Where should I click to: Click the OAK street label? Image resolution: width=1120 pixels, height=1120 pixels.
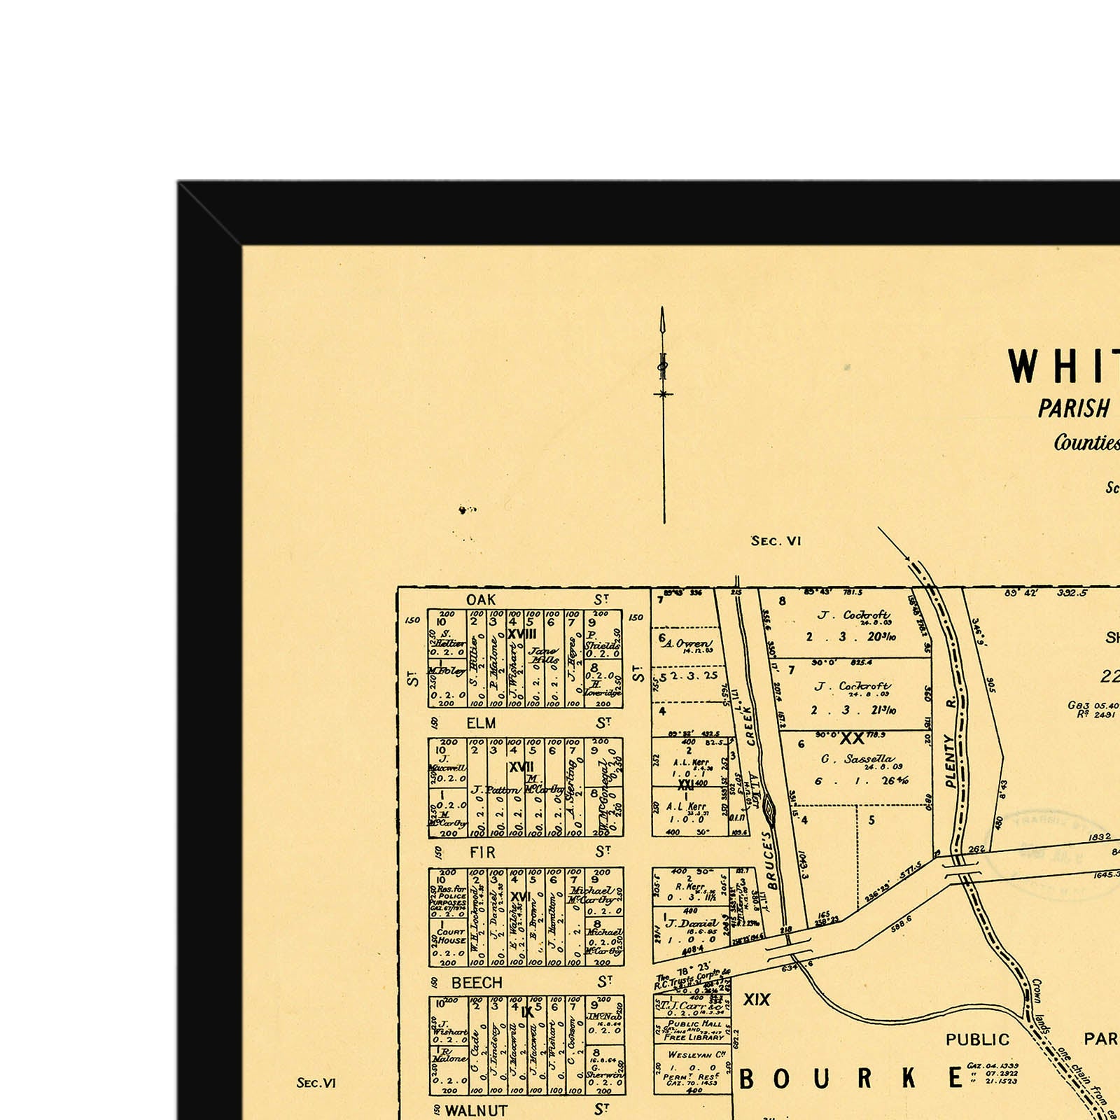point(481,600)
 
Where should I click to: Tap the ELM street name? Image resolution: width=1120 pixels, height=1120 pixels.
point(481,723)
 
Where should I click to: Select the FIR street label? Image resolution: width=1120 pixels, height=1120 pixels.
point(482,853)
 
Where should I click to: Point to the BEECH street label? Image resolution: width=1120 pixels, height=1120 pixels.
point(477,983)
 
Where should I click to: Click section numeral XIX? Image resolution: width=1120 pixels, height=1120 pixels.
point(756,1000)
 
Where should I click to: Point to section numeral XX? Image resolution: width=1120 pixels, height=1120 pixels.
point(852,738)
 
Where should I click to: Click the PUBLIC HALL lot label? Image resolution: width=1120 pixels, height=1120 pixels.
point(694,1023)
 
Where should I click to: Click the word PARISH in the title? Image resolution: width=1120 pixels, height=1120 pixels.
point(1073,409)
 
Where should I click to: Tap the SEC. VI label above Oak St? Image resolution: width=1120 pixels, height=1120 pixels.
point(776,541)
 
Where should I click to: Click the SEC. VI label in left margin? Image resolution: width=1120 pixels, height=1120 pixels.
point(316,1083)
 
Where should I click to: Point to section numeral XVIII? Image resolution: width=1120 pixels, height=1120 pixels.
point(521,633)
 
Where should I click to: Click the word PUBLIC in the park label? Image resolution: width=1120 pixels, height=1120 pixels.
point(977,1040)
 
